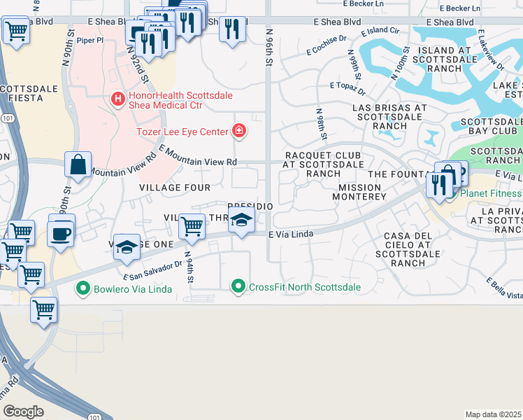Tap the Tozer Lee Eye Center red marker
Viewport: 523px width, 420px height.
point(239,131)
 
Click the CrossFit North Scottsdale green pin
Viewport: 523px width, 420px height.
point(239,286)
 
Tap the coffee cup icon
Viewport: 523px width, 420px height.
point(61,232)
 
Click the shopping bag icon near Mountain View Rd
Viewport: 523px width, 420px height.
point(78,165)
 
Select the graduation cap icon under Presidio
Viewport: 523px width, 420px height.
point(241,220)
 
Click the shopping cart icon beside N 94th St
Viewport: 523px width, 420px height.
point(192,226)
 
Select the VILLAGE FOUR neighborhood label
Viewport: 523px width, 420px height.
point(175,188)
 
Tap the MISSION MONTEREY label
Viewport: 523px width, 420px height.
point(361,192)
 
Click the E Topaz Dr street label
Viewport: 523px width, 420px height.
point(348,88)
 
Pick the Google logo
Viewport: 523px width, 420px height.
point(23,411)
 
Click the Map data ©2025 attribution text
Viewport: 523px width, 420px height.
point(494,414)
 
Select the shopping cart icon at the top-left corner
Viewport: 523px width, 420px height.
point(16,30)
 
